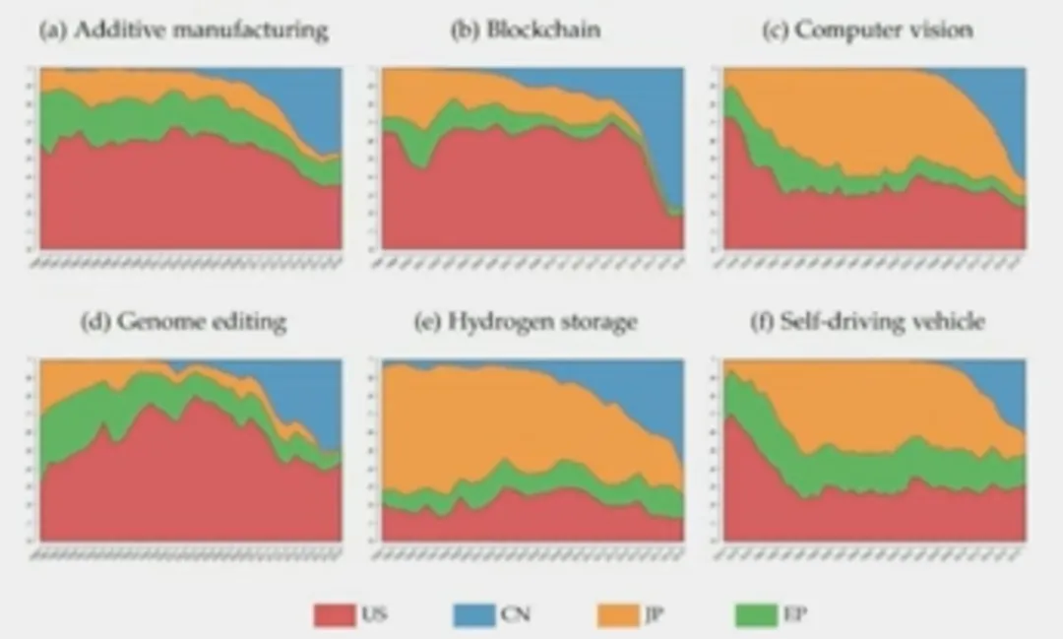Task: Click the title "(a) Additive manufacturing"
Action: (182, 30)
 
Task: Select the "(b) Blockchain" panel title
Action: (525, 30)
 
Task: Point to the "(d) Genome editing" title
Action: (184, 321)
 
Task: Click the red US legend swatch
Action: (334, 615)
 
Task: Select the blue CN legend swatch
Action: (474, 615)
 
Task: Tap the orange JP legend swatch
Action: (617, 615)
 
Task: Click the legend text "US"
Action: (374, 615)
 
